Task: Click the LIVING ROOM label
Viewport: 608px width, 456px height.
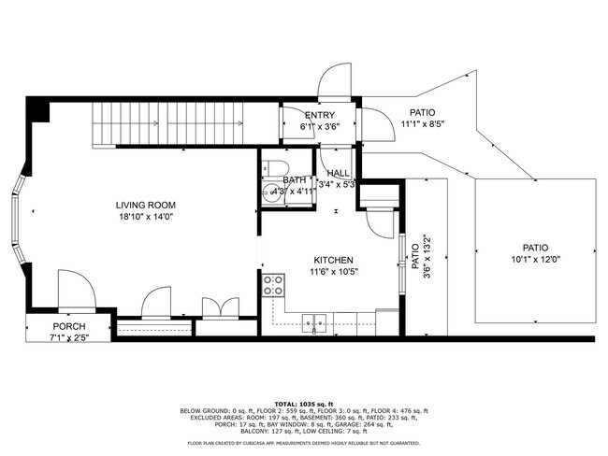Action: [146, 205]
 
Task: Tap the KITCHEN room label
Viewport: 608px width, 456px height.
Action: [334, 261]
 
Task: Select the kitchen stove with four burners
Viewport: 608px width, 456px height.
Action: [274, 285]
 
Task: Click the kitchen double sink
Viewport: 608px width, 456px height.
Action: [314, 323]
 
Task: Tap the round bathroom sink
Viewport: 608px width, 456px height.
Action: [271, 192]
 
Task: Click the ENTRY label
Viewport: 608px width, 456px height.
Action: [319, 115]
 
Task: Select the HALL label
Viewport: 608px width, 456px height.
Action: [338, 173]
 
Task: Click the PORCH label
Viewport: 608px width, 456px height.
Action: [69, 326]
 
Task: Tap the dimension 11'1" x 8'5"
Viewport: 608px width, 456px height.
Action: [423, 123]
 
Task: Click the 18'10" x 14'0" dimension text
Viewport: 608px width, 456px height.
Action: [146, 217]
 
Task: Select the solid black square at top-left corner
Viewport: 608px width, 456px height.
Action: [37, 110]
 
